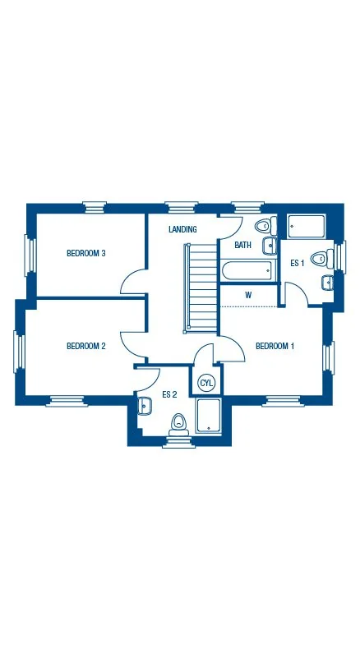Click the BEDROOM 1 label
275,346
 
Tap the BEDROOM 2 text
85,346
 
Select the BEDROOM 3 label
85,253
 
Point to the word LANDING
182,229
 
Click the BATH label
242,245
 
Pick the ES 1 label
298,263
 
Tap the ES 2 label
169,394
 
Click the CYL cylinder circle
206,383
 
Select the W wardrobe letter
247,295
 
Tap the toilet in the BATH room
264,226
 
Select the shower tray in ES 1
307,227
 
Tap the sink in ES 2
145,405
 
